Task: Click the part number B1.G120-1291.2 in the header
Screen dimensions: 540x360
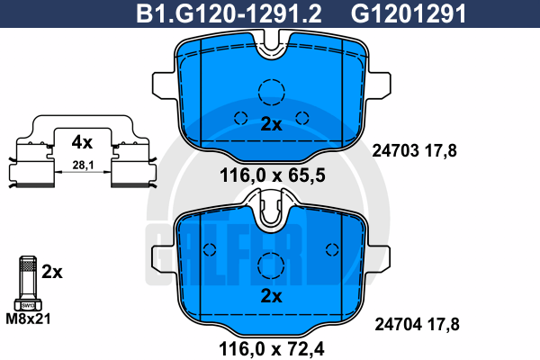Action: (229, 13)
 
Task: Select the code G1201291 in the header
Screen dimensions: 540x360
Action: (409, 13)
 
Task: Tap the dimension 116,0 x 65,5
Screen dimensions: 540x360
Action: (272, 175)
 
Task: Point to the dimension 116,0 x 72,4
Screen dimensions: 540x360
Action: (272, 349)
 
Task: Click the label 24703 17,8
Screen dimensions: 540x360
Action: (414, 151)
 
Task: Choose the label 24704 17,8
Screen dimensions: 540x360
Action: (417, 325)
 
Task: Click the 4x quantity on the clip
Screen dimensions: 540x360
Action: (82, 142)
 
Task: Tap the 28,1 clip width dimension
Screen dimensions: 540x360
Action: (83, 165)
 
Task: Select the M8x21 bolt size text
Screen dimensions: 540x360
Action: (28, 319)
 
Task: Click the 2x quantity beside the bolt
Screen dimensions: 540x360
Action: (52, 272)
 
